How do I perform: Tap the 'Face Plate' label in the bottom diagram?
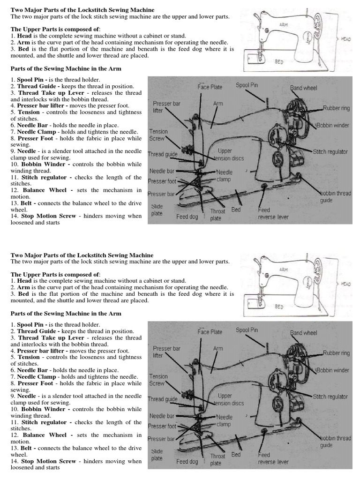pos(210,332)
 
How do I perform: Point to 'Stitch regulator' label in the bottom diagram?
pos(330,397)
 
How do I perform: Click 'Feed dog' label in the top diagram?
pos(187,217)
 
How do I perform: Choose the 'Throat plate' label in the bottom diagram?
pos(217,459)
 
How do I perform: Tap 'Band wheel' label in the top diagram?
pos(303,88)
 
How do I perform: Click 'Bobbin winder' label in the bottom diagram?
pos(333,370)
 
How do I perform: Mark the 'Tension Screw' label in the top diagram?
pos(157,135)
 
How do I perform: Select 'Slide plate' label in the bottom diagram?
pos(157,455)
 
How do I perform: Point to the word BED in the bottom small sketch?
pos(279,307)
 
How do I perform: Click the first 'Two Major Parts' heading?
pos(82,10)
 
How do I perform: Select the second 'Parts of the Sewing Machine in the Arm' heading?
pos(66,314)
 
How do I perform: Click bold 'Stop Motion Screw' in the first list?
pos(48,216)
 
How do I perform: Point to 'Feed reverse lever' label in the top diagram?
pos(273,213)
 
